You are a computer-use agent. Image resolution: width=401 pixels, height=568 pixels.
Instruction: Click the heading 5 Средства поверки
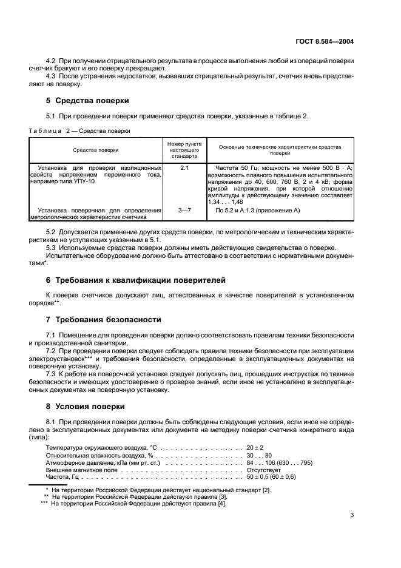pyautogui.click(x=87, y=100)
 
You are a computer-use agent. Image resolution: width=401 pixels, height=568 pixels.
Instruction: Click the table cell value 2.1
pyautogui.click(x=184, y=167)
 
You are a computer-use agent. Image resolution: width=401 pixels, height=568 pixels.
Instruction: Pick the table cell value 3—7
pyautogui.click(x=184, y=210)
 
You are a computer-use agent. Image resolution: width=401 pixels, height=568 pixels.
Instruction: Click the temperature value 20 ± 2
pyautogui.click(x=255, y=447)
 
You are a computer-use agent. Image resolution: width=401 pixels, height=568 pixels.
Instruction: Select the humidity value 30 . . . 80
pyautogui.click(x=260, y=455)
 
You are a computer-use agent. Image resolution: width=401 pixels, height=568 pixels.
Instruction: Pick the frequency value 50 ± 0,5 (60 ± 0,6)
pyautogui.click(x=271, y=477)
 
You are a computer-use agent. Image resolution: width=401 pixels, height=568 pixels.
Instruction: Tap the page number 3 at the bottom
pyautogui.click(x=352, y=516)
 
